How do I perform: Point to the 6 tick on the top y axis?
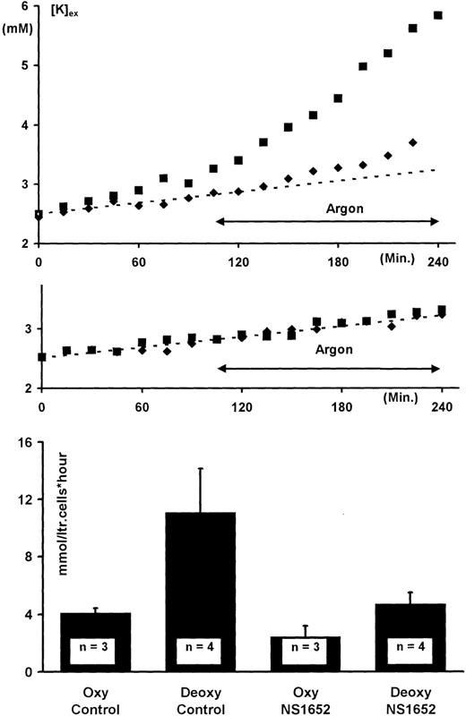[24, 6]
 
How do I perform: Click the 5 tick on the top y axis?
[24, 65]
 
